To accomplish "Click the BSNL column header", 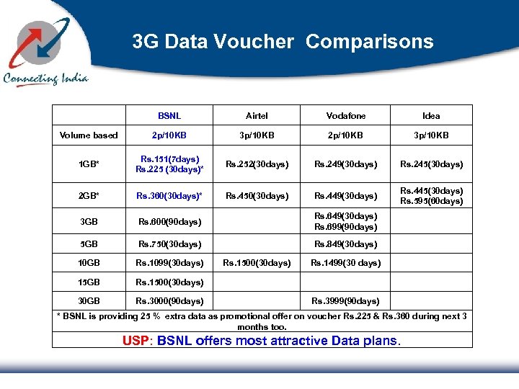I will [x=169, y=116].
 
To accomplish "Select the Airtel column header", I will [x=257, y=116].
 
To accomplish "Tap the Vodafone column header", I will [x=345, y=116].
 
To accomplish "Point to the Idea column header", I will [x=431, y=116].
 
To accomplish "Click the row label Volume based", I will [x=89, y=135].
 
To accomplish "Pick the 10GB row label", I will [x=89, y=263].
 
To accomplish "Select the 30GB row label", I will [x=89, y=301].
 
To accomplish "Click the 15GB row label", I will [x=89, y=282].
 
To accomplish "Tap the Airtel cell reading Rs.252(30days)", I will [x=257, y=164].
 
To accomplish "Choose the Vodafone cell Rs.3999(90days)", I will [x=345, y=301].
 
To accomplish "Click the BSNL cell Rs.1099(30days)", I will [x=169, y=263].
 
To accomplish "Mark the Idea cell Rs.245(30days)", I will [x=431, y=164].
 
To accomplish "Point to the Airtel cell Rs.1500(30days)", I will [x=257, y=263].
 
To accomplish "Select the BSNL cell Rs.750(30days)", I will [x=169, y=244].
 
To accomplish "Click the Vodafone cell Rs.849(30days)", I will [x=345, y=244].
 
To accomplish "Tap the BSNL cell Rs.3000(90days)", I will [x=169, y=301].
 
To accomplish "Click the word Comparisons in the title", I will [x=369, y=42].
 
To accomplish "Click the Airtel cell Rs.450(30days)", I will [x=257, y=196].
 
